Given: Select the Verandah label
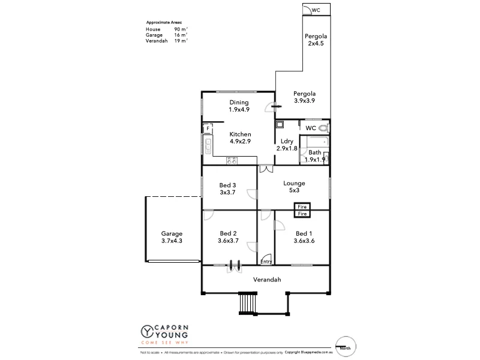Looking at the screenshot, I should tap(266, 280).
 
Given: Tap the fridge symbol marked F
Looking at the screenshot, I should tap(208, 128).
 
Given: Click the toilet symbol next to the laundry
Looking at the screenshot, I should tap(323, 128).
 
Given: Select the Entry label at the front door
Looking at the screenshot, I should tap(266, 262).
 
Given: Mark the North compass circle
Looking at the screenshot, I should tap(344, 344).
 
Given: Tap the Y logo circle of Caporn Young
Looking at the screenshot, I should tap(146, 331).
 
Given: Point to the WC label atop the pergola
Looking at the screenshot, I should tap(316, 10).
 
